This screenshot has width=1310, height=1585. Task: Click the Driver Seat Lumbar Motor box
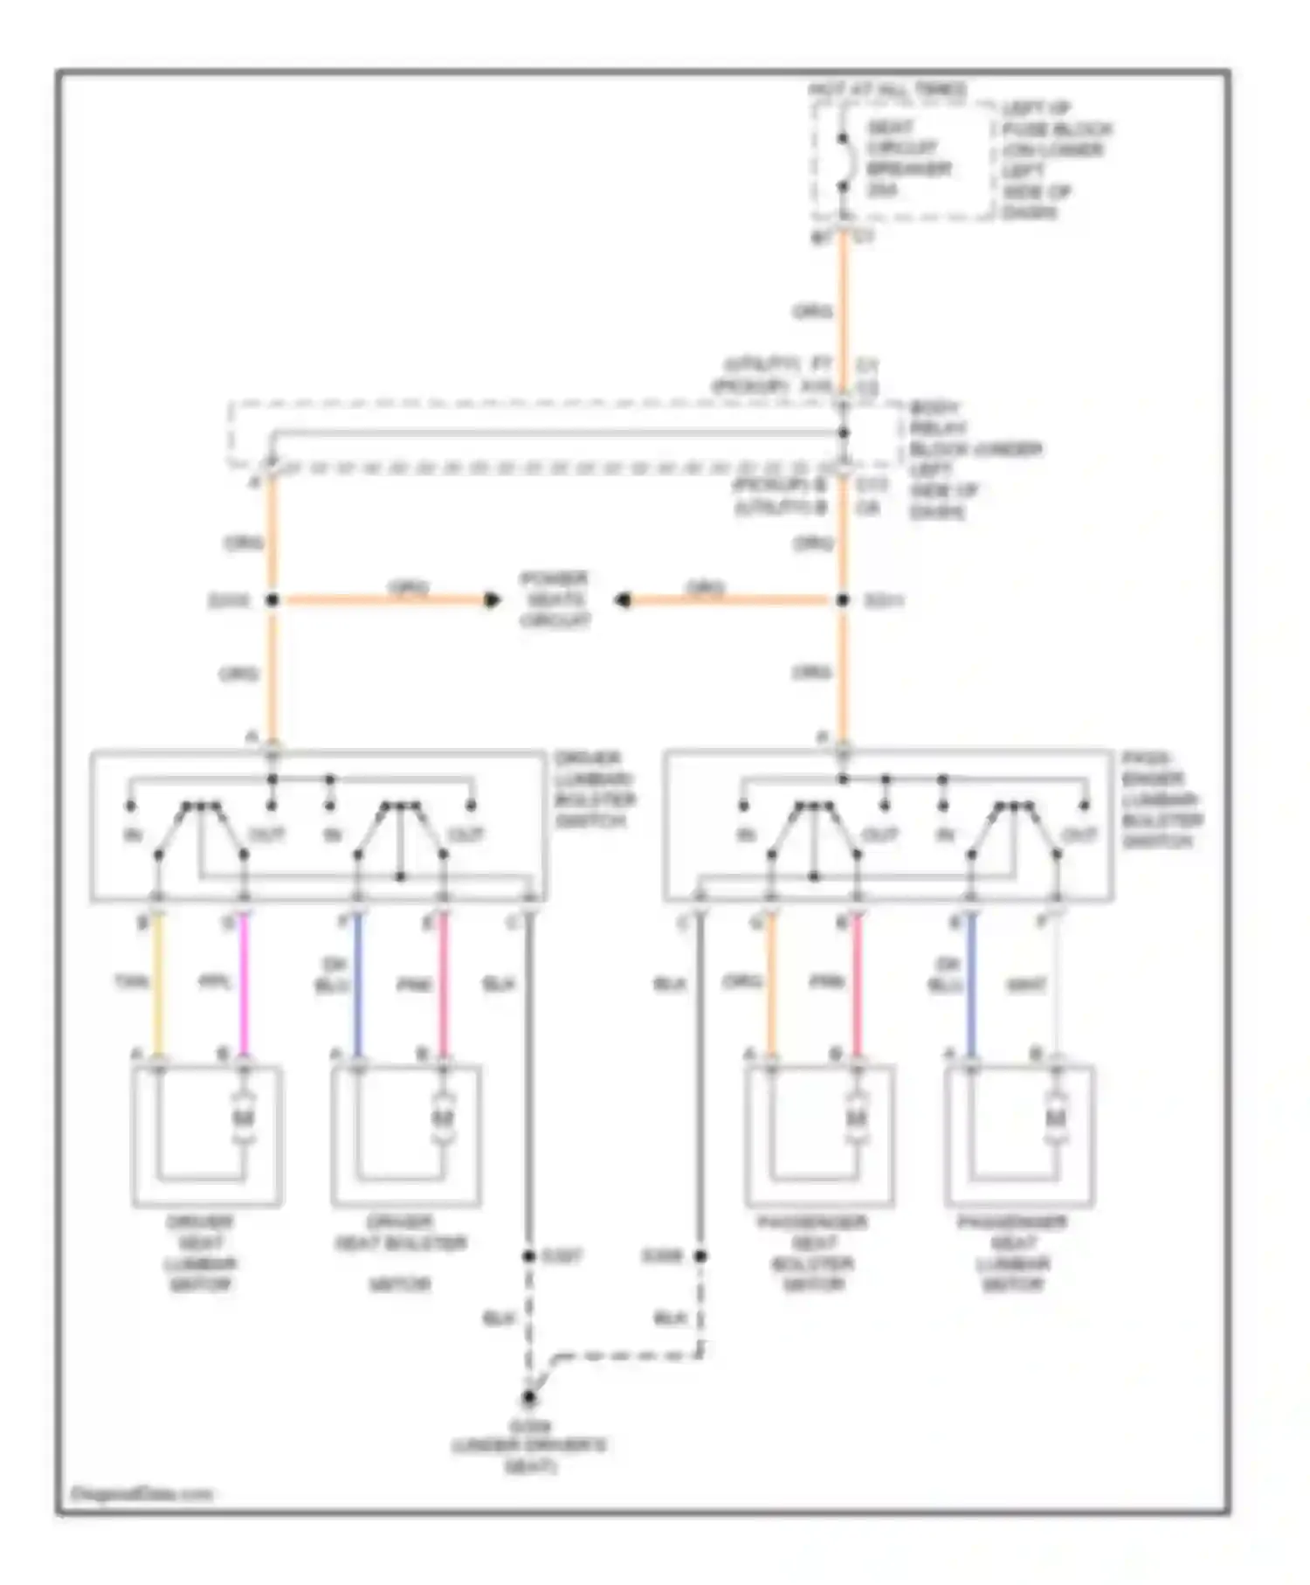[207, 1136]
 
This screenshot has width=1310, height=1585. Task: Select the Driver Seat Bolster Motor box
[406, 1136]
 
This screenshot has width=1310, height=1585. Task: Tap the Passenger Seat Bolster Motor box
[819, 1136]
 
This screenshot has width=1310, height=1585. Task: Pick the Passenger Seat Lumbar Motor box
[1019, 1136]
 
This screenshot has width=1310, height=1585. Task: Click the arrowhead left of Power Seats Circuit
[493, 600]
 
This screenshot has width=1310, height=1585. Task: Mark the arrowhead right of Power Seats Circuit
[623, 600]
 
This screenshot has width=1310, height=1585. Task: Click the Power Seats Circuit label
[555, 599]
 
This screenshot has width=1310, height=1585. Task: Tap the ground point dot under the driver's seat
[528, 1398]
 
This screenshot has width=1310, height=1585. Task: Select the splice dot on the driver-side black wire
[528, 1256]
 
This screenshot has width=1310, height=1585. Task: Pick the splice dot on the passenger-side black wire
[700, 1256]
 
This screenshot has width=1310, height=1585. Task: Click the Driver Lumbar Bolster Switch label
[594, 789]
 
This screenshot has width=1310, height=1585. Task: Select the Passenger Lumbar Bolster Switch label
[1162, 799]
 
